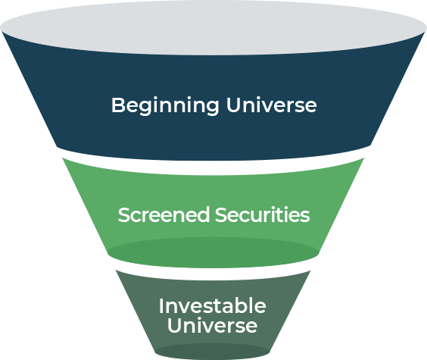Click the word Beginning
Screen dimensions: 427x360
(165, 106)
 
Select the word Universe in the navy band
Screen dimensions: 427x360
(272, 105)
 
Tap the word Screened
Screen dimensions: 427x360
(164, 214)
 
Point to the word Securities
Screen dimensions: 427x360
(263, 214)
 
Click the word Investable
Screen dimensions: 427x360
(213, 306)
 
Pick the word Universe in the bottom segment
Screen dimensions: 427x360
(213, 325)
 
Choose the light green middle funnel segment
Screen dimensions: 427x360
(213, 196)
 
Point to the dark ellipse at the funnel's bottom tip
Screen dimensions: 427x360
(213, 352)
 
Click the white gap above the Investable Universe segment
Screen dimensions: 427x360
(213, 274)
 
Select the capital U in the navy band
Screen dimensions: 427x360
(233, 105)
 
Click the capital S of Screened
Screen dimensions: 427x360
(124, 214)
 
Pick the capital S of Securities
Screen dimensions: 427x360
(221, 214)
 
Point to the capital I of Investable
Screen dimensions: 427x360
(161, 305)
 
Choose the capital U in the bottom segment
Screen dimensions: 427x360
(174, 325)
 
